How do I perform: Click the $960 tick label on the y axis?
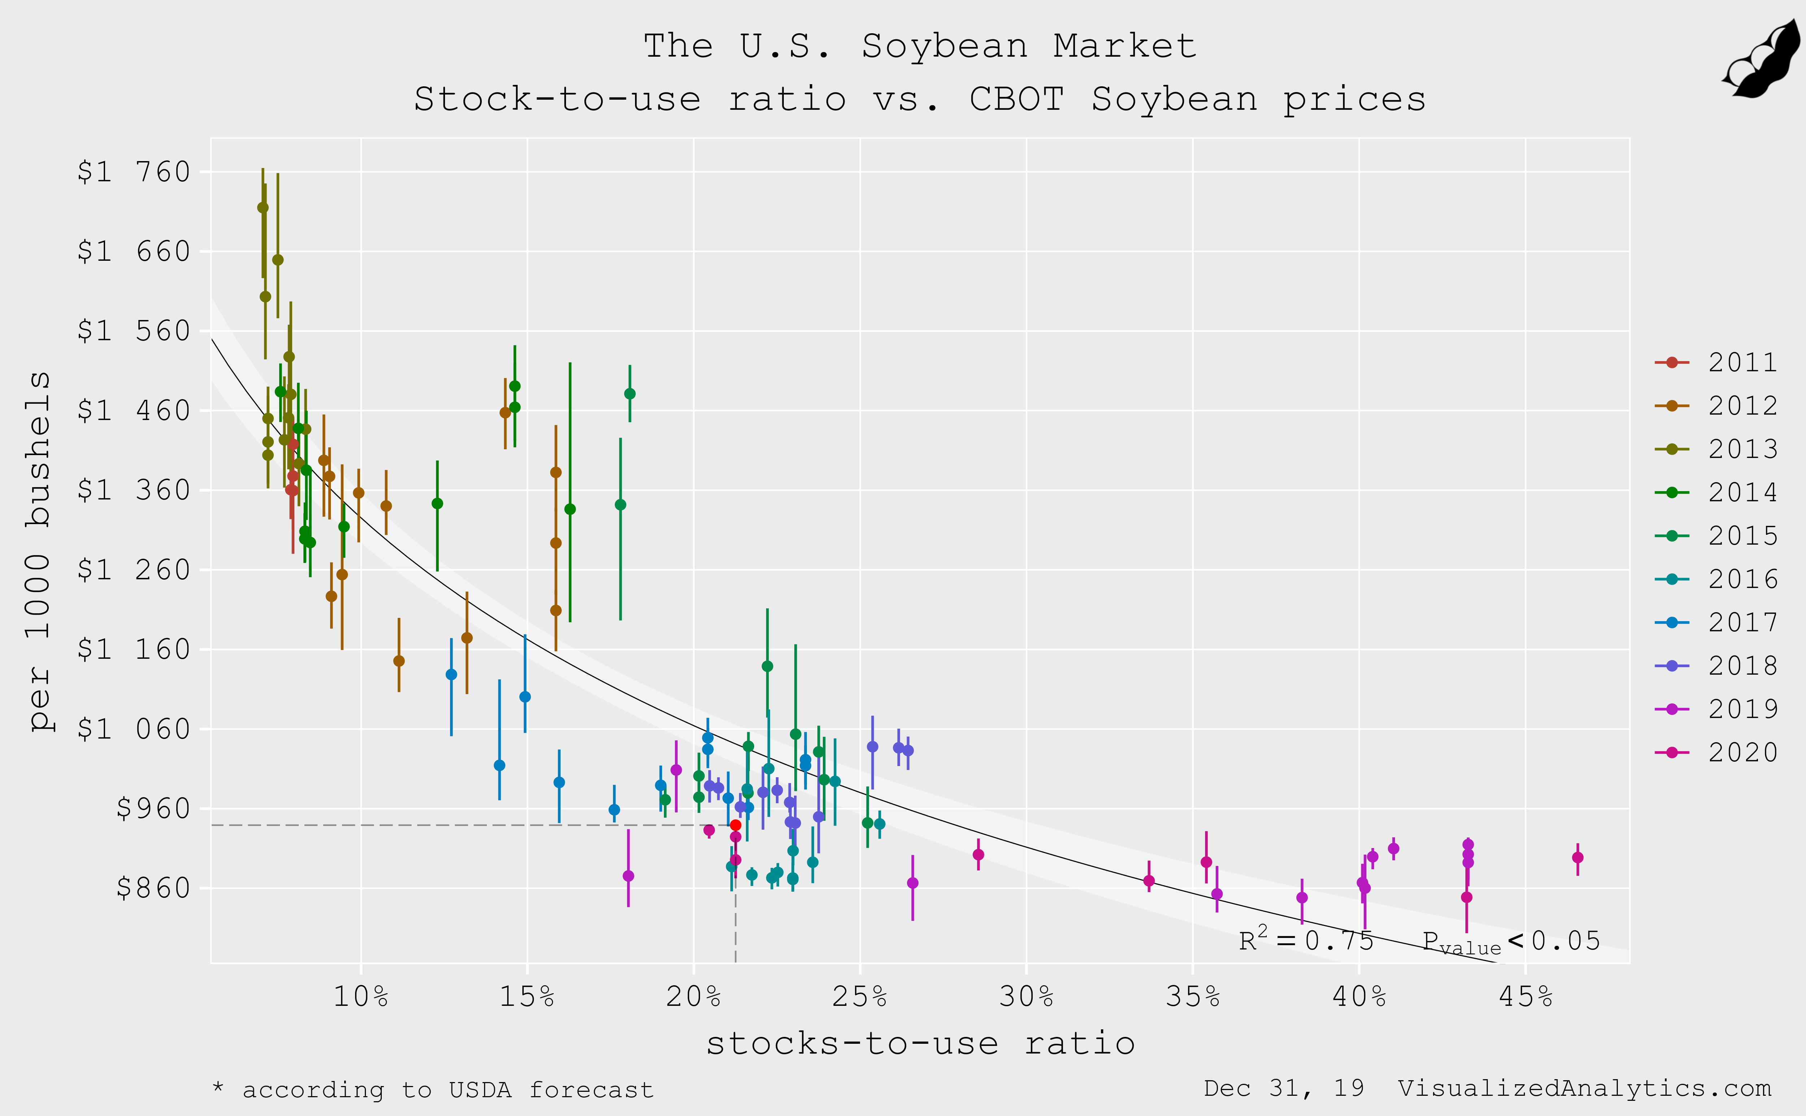click(153, 809)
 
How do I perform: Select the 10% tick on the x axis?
click(361, 997)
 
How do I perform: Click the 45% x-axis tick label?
click(1526, 997)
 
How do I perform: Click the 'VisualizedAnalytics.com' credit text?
click(1584, 1089)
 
